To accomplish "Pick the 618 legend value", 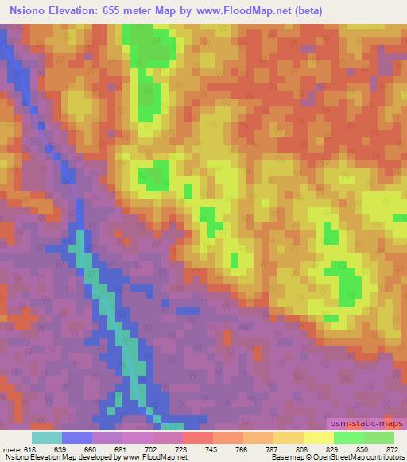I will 31,450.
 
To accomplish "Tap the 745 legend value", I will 212,450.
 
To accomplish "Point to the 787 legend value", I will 273,450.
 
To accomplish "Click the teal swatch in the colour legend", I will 46,438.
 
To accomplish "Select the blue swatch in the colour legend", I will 76,438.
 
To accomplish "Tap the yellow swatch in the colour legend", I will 318,438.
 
